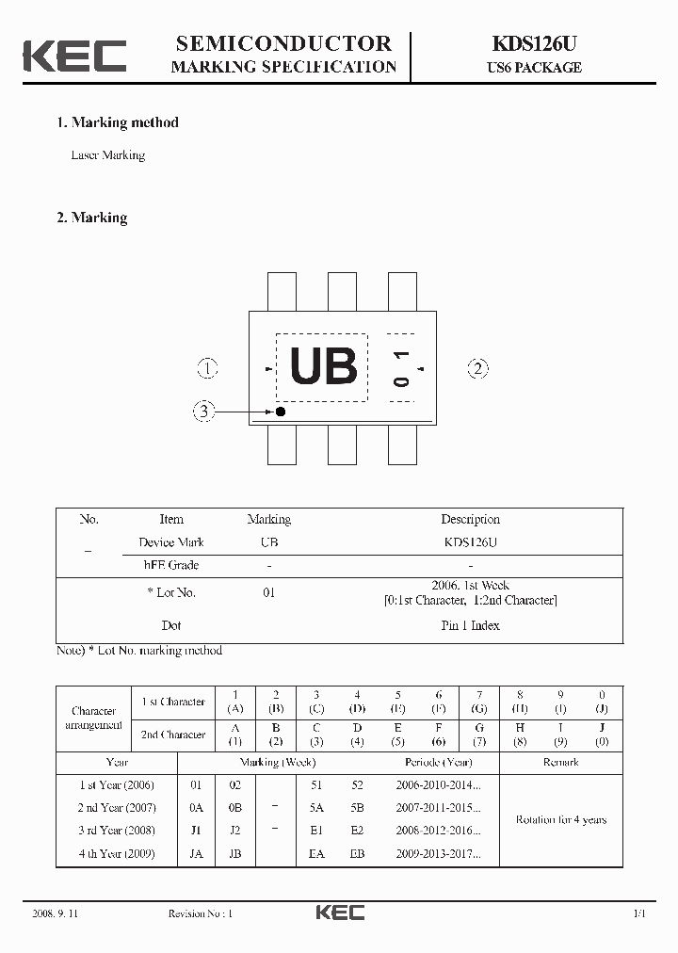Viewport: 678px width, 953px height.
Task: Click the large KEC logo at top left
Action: (x=74, y=56)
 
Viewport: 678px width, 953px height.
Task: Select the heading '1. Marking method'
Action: (x=117, y=122)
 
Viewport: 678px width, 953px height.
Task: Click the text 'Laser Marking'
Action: (x=108, y=155)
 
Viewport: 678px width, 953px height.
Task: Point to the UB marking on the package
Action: (x=323, y=367)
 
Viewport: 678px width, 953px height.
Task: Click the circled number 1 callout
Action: (x=207, y=368)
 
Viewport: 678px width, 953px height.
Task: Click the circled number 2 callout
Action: (x=478, y=368)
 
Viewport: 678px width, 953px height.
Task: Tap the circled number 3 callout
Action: (x=203, y=411)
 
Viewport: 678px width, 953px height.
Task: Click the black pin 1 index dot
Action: (x=280, y=412)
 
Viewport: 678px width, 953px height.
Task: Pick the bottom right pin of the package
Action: (x=402, y=444)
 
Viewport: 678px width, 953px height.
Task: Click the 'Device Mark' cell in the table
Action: (x=171, y=542)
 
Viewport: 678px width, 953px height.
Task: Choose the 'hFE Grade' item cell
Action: (x=171, y=565)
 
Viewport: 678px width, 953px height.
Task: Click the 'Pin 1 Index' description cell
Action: (x=470, y=625)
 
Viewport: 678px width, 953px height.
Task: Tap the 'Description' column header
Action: (x=470, y=519)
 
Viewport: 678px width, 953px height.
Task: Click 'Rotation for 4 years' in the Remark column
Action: (x=560, y=819)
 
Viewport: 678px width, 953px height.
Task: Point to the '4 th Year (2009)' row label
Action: (x=117, y=854)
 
